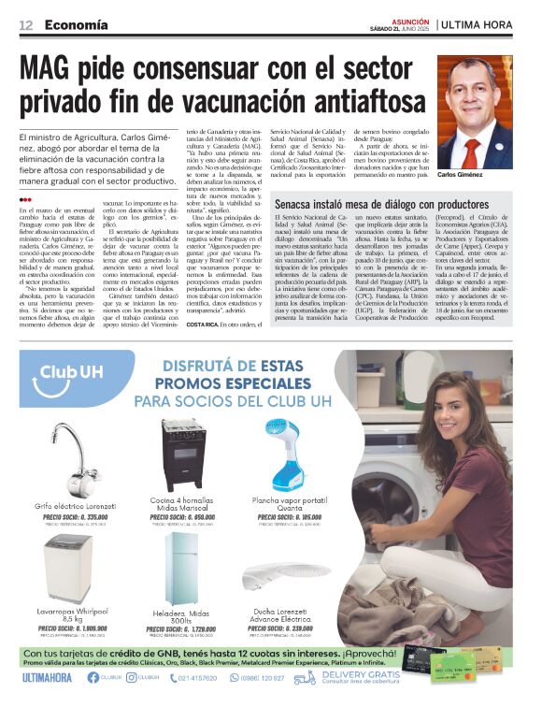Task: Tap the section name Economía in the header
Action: point(76,23)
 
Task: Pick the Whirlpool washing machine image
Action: point(70,568)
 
